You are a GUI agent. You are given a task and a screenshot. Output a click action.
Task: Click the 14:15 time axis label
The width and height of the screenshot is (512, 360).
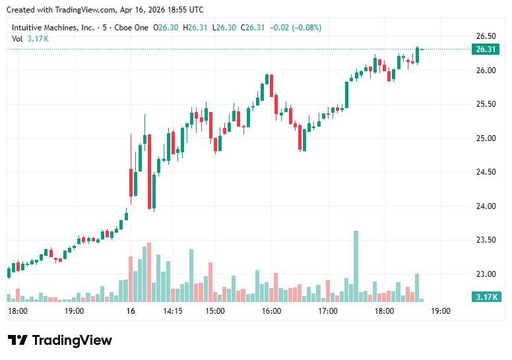pos(173,311)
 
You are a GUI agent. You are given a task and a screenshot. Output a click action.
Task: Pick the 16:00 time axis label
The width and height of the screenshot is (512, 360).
pos(271,311)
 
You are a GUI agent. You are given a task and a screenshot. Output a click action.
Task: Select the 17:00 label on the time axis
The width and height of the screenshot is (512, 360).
pos(328,311)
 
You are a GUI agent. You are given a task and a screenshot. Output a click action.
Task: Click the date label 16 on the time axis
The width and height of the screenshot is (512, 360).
pos(131,311)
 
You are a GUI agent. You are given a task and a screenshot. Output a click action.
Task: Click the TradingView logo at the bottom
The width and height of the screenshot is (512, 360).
pos(60,340)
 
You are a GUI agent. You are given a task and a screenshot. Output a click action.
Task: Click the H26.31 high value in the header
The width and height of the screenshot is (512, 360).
pos(196,28)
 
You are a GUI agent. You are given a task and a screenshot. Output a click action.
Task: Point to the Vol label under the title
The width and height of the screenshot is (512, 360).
pos(17,39)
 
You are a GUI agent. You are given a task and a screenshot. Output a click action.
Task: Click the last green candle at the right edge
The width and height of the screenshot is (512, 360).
pos(418,55)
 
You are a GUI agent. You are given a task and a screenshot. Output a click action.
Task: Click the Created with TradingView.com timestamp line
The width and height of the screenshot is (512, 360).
pos(104,9)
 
